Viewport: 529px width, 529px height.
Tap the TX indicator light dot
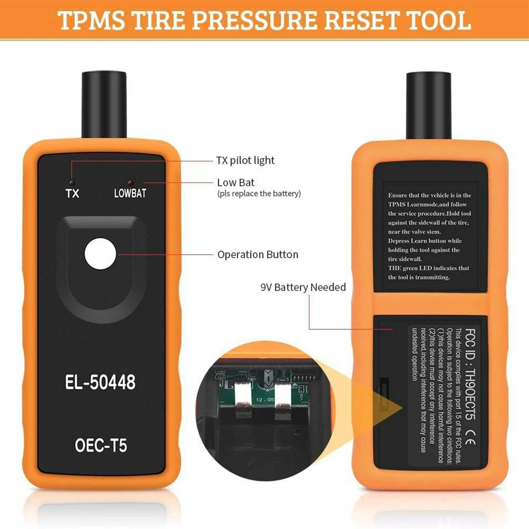pyautogui.click(x=73, y=183)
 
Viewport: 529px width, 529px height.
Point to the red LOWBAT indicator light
pyautogui.click(x=130, y=183)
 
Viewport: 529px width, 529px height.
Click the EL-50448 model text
pyautogui.click(x=101, y=382)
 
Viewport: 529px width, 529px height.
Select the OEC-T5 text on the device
pyautogui.click(x=101, y=446)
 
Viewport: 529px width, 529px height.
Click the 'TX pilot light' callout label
pyautogui.click(x=245, y=160)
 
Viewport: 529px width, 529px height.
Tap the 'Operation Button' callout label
pyautogui.click(x=258, y=255)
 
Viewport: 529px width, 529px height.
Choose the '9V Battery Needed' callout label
pyautogui.click(x=303, y=287)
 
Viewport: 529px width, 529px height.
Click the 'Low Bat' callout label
pyautogui.click(x=236, y=183)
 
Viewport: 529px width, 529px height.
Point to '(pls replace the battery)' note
pyautogui.click(x=259, y=193)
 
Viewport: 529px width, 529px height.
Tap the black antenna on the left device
pyautogui.click(x=104, y=104)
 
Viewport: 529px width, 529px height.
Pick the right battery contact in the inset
pyautogui.click(x=283, y=399)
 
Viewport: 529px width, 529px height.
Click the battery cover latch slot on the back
pyautogui.click(x=384, y=395)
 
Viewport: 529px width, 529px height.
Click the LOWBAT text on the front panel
pyautogui.click(x=130, y=194)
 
